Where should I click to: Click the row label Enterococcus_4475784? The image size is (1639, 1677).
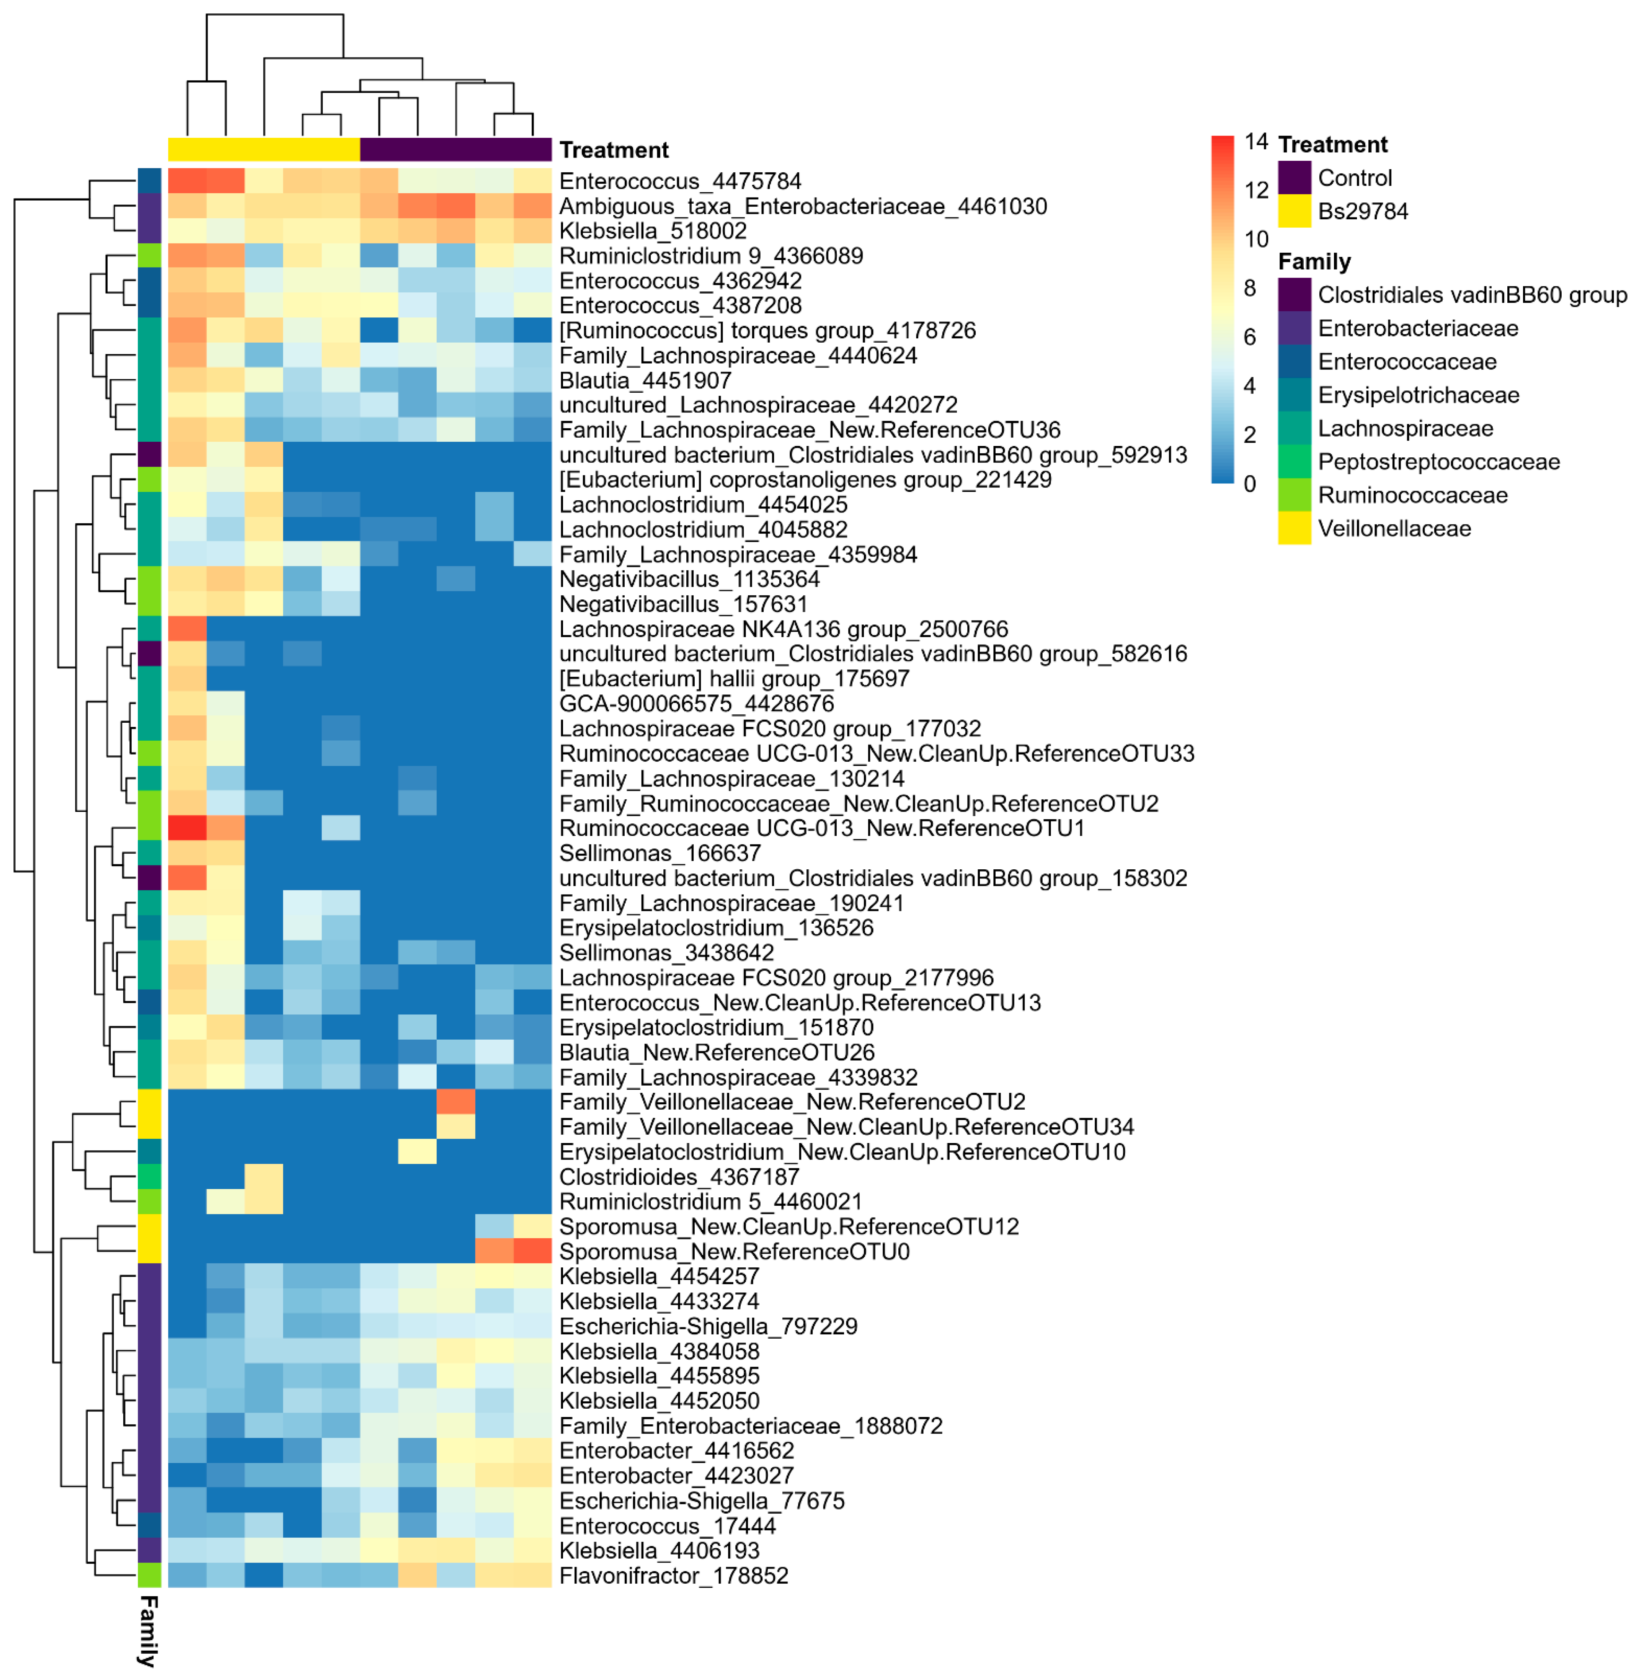point(680,181)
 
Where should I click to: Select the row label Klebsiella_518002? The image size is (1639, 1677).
point(653,231)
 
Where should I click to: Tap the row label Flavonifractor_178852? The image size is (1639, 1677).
point(673,1576)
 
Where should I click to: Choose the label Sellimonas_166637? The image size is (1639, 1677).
point(660,853)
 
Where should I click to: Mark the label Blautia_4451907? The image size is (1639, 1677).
point(645,380)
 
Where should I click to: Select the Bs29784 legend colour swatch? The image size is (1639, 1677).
point(1294,211)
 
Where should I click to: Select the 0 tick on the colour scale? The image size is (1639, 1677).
point(1250,484)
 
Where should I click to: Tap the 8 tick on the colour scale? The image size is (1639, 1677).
point(1250,288)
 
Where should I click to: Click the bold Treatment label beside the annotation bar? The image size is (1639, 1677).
point(614,150)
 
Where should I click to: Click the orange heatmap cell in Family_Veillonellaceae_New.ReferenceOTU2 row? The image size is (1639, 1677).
point(455,1102)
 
